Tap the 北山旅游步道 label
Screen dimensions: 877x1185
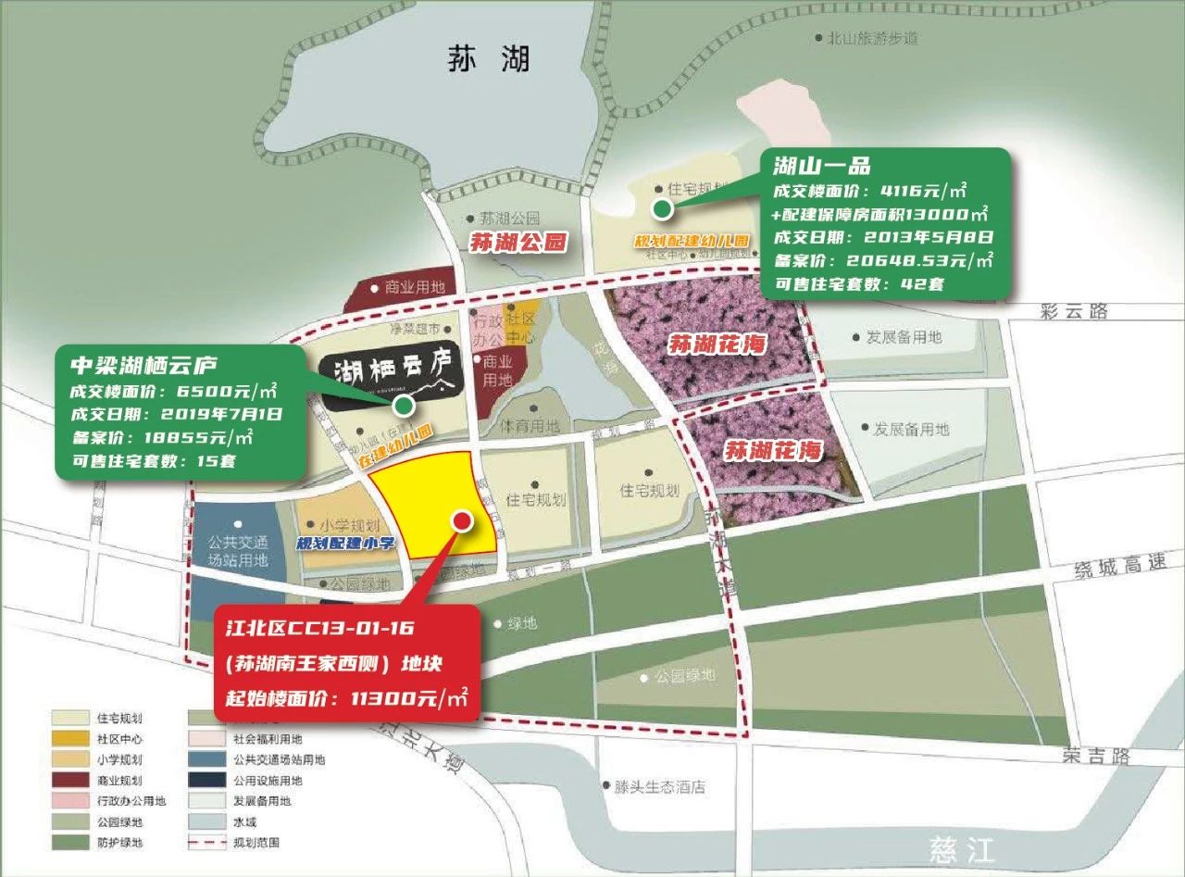click(x=874, y=39)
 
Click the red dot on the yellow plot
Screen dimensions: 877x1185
click(x=460, y=520)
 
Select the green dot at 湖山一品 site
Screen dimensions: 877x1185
click(x=661, y=209)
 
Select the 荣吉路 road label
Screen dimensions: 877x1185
click(x=1095, y=757)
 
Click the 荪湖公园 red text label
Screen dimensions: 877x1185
click(x=518, y=243)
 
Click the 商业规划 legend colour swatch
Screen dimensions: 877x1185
click(x=67, y=781)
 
